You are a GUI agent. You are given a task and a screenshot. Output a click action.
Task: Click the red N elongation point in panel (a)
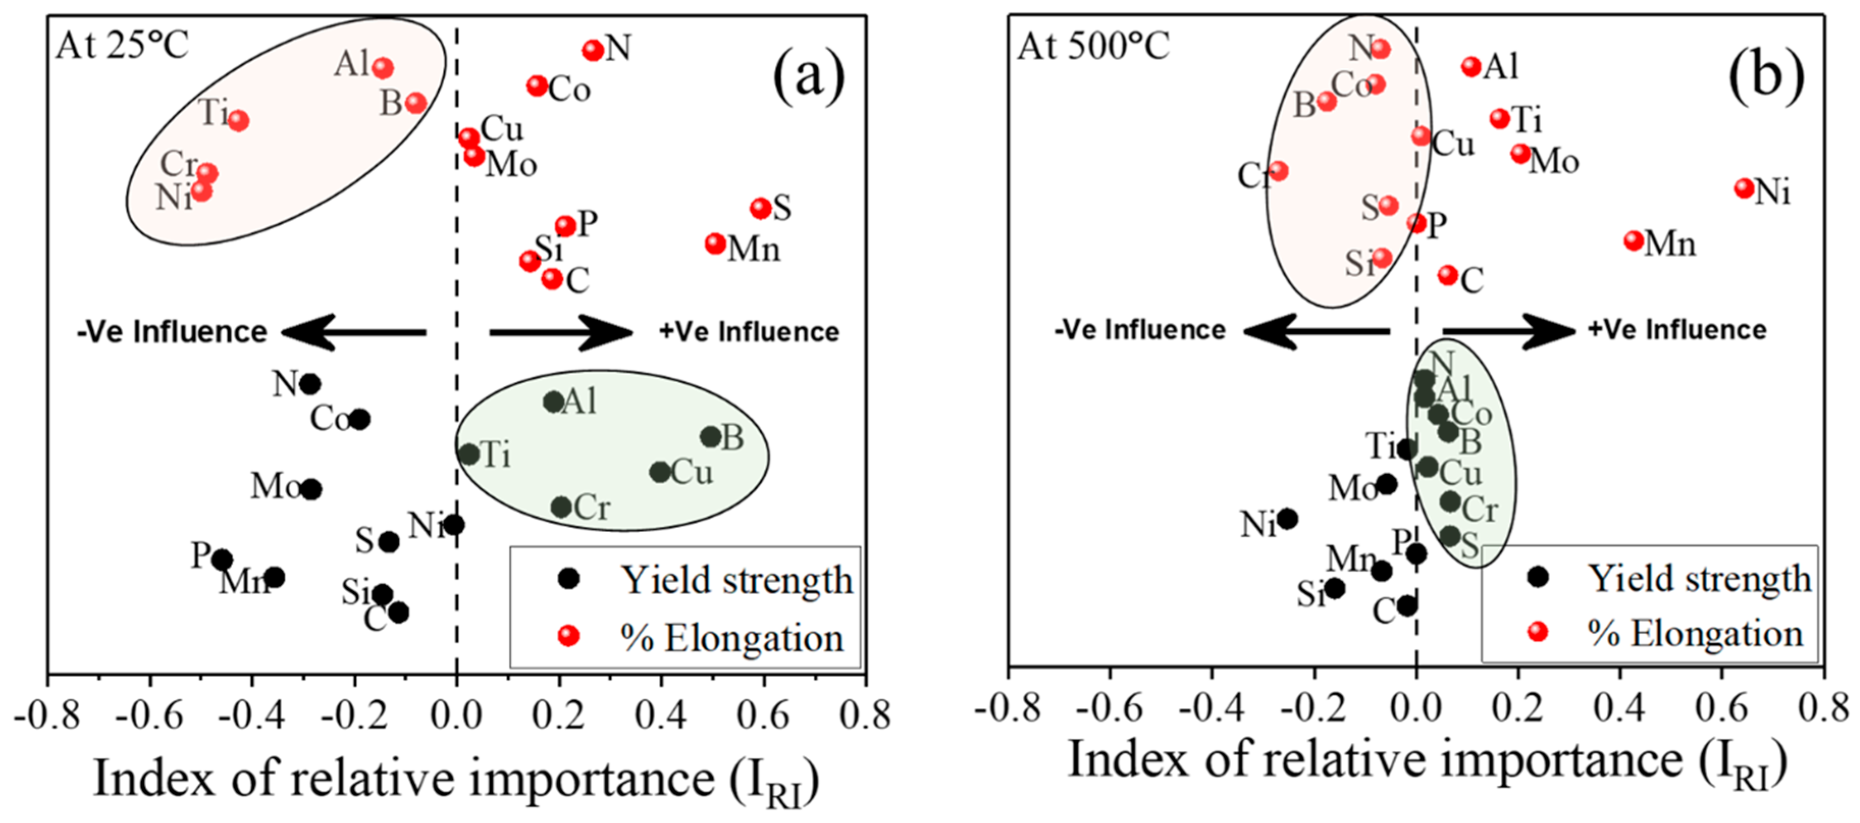pyautogui.click(x=593, y=50)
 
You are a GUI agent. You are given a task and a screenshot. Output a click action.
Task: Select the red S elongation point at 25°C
pyautogui.click(x=760, y=208)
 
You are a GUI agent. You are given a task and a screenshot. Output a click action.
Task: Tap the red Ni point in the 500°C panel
pyautogui.click(x=1744, y=189)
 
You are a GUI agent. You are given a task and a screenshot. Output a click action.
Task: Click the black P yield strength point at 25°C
pyautogui.click(x=222, y=559)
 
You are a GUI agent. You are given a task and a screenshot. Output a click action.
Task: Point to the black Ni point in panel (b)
pyautogui.click(x=1287, y=518)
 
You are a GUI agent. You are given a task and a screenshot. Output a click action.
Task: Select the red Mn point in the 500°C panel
pyautogui.click(x=1633, y=241)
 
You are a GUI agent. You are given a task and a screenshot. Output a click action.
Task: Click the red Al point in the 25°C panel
pyautogui.click(x=383, y=68)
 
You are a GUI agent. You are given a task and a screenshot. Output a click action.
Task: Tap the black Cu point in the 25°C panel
pyautogui.click(x=659, y=472)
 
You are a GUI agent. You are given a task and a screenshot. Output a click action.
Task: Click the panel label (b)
pyautogui.click(x=1765, y=75)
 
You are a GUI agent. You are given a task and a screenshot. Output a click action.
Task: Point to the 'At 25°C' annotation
pyautogui.click(x=122, y=46)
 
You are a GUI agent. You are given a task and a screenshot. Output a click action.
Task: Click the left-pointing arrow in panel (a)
pyautogui.click(x=354, y=333)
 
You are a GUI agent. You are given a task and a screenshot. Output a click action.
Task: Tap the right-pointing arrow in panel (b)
pyautogui.click(x=1509, y=331)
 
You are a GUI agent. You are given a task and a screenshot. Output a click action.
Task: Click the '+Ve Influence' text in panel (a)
pyautogui.click(x=749, y=332)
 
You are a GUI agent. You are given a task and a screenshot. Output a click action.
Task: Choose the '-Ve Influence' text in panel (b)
pyautogui.click(x=1140, y=330)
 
